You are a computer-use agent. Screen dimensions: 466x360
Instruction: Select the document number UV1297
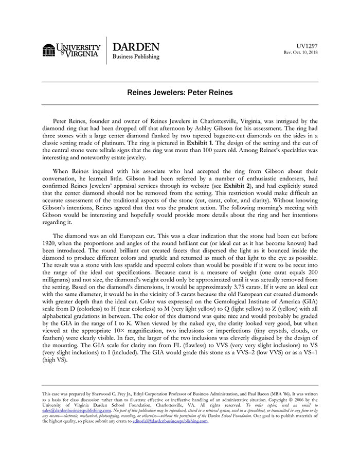tap(308, 46)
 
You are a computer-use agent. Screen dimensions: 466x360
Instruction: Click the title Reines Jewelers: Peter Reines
tap(180, 93)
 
